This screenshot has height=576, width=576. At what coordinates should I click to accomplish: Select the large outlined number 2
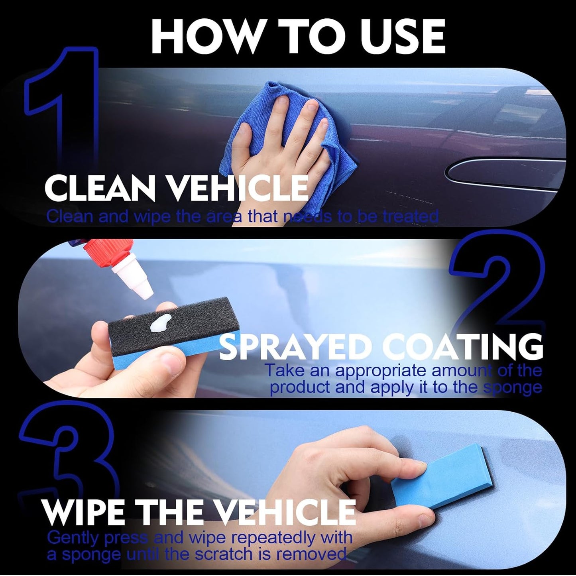click(498, 287)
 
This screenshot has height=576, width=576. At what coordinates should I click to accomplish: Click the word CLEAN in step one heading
click(100, 189)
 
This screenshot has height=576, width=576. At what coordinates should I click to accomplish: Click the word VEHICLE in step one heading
click(239, 189)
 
